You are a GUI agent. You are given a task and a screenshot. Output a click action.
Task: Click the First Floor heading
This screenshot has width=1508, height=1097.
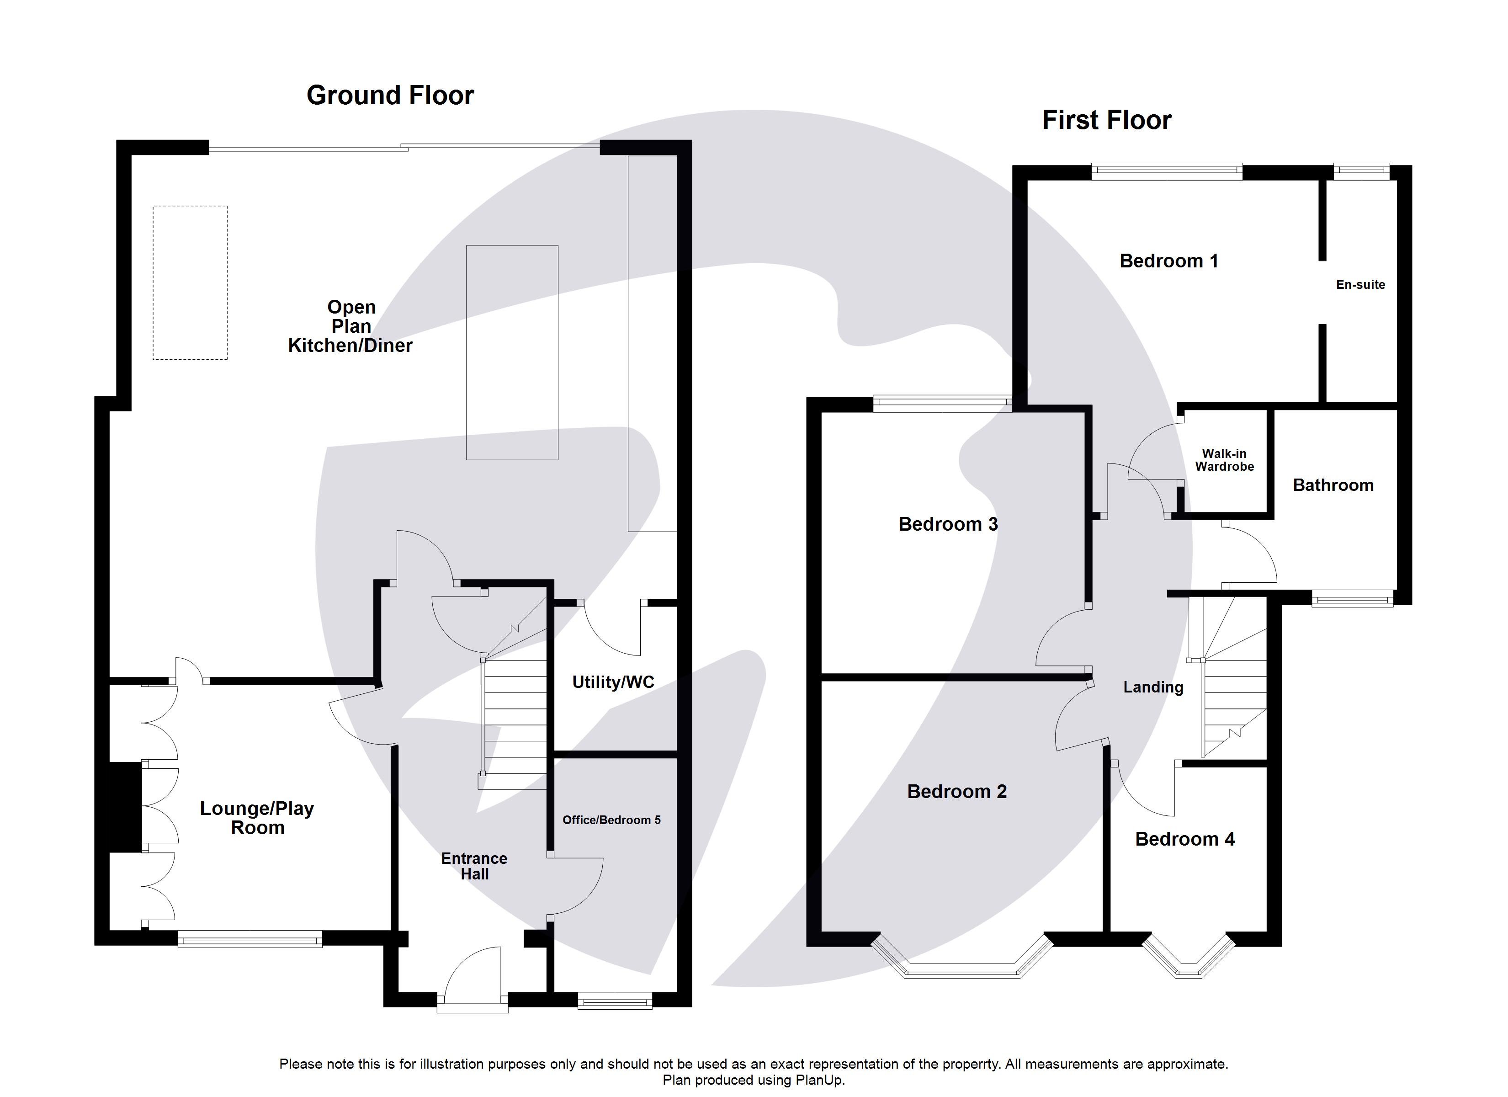coord(1106,120)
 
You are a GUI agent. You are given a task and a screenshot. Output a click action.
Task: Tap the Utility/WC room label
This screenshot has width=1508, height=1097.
coord(613,682)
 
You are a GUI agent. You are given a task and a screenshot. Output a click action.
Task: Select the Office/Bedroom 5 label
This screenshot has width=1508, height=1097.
coord(611,820)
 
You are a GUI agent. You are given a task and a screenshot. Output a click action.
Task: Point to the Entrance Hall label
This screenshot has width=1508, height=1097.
coord(474,866)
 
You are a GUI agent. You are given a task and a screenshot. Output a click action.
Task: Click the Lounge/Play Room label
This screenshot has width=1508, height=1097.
coord(257,818)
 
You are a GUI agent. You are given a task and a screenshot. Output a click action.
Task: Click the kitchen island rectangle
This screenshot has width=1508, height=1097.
coord(511,352)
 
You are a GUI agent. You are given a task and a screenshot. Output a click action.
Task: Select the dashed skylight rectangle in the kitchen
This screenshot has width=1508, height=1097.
coord(190,283)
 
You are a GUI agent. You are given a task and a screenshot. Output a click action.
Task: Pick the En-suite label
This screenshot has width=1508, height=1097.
coord(1360,285)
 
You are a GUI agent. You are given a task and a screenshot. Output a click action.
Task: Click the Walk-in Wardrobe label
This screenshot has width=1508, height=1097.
coord(1224,460)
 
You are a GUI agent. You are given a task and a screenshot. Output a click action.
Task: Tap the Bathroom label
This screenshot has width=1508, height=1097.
coord(1333,485)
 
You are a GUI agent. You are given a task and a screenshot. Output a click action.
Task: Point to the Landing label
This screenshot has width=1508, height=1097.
coord(1153,687)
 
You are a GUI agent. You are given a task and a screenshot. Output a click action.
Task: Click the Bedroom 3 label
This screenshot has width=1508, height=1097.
coord(947,524)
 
